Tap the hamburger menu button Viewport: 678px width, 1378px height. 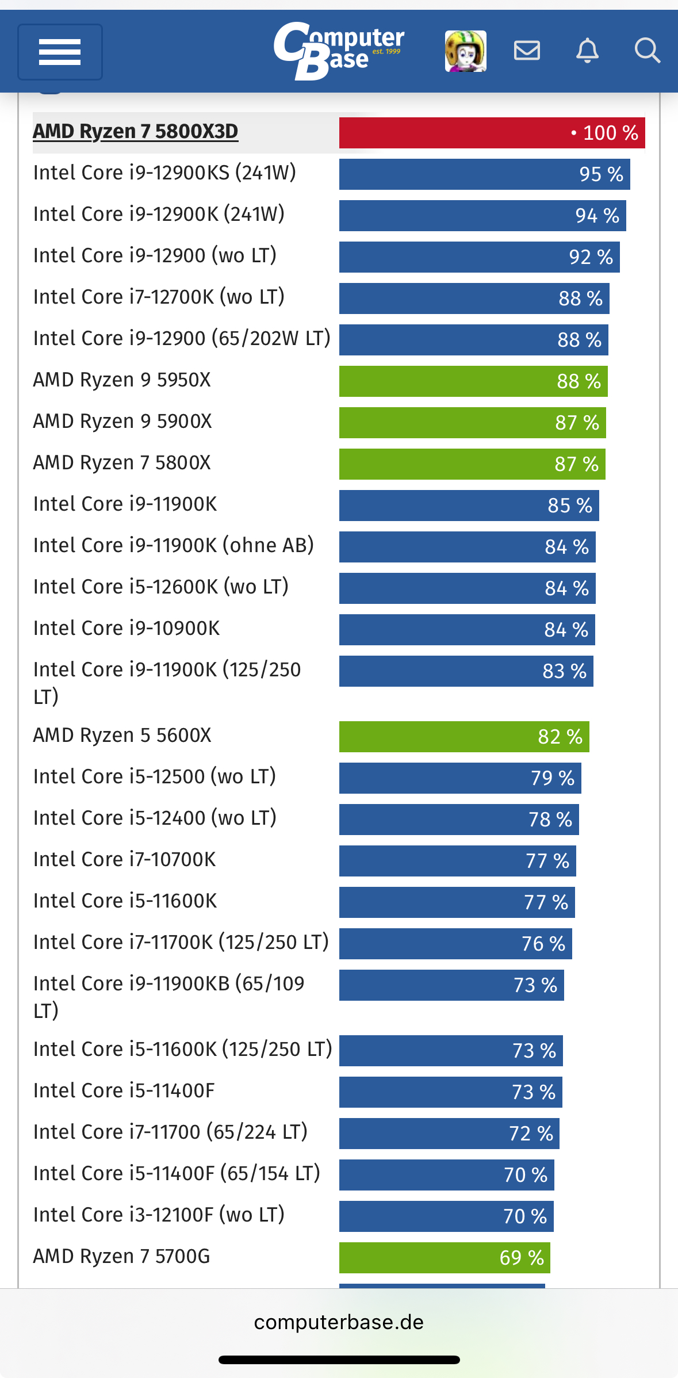coord(60,52)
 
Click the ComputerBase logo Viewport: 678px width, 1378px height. coord(339,51)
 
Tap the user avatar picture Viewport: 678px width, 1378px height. coord(465,51)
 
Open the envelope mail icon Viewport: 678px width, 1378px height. coord(527,51)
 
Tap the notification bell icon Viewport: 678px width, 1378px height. coord(587,51)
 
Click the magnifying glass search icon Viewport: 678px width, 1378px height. coord(647,51)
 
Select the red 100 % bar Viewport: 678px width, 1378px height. coord(492,133)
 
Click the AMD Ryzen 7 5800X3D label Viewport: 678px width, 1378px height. coord(136,132)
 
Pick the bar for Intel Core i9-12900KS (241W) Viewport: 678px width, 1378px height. coord(484,174)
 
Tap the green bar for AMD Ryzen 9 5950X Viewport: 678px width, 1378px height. coord(473,381)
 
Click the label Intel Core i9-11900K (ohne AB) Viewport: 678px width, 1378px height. coord(174,545)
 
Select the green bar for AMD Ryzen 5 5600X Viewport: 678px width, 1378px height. coord(464,737)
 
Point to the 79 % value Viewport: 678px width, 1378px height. coord(553,778)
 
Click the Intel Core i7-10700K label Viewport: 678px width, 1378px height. coord(125,859)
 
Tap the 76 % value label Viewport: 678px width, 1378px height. coord(543,944)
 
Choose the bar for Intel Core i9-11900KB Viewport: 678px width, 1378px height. coord(451,985)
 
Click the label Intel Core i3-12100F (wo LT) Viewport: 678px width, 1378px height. coord(159,1215)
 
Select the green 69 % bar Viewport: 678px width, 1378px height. coord(445,1258)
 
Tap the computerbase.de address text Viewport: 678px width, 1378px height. coord(339,1322)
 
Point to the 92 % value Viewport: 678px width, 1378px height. coord(591,257)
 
